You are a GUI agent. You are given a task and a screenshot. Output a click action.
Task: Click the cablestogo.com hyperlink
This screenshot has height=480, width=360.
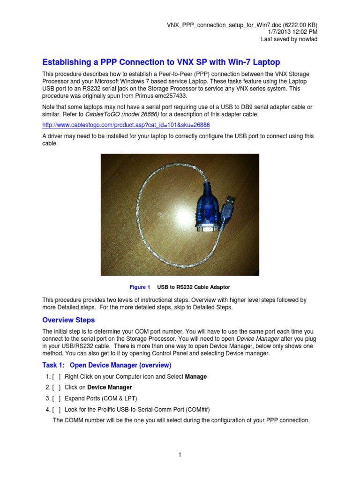point(126,125)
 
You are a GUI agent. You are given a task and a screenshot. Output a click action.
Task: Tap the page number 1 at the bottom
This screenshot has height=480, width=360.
point(180,454)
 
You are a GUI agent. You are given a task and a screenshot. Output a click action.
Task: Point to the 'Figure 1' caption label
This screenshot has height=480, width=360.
point(140,287)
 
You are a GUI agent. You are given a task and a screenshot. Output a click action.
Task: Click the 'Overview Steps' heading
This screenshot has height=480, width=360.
point(68,320)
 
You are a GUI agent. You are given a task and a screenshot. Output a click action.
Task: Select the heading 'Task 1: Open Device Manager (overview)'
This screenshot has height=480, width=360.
point(107,365)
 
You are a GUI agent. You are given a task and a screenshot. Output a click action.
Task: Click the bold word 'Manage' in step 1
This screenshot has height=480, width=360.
point(196,376)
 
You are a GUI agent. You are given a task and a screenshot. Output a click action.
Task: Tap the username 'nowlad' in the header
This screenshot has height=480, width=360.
point(308,39)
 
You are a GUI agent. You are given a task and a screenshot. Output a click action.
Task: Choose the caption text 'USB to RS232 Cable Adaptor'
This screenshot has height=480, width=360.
point(194,287)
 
